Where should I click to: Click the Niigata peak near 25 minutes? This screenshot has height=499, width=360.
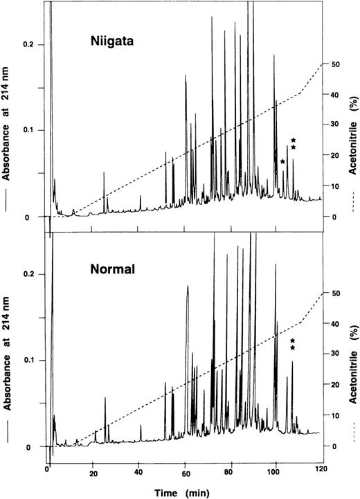pos(104,173)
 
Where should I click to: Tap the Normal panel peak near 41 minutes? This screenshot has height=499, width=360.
pos(141,426)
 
